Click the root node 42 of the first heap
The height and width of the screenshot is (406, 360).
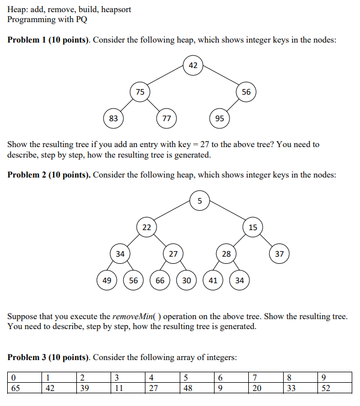(x=192, y=65)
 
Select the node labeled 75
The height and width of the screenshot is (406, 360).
(x=140, y=92)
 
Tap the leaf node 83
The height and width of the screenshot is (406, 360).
(x=113, y=118)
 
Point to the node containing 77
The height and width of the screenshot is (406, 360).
(x=166, y=118)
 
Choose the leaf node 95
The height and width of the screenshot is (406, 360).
(x=219, y=118)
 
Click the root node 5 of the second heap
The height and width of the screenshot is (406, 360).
(x=200, y=200)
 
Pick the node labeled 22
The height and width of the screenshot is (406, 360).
(x=147, y=227)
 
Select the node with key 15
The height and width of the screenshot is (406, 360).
(x=253, y=227)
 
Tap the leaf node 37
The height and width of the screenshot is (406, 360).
(x=279, y=254)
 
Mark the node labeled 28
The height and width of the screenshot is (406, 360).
(x=226, y=254)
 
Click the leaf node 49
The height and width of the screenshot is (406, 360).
(x=107, y=280)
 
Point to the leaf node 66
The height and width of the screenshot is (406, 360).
(x=160, y=280)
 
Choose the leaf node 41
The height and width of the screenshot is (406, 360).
(x=213, y=280)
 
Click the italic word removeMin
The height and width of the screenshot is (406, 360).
(x=130, y=317)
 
